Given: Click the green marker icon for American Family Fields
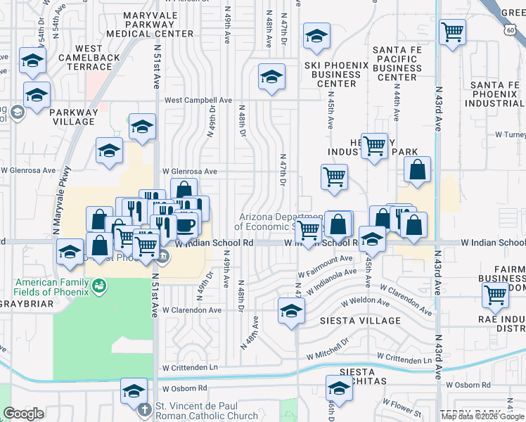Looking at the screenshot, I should coord(99,286).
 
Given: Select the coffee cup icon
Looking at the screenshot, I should coord(186,226).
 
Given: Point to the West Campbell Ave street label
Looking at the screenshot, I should coord(198,101).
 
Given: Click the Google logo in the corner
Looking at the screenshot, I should coord(23,414).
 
